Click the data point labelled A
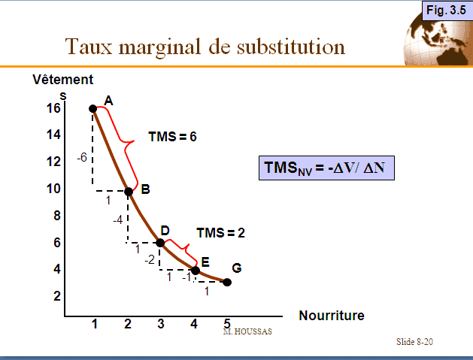tap(93, 108)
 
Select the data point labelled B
tap(129, 192)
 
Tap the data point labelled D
tap(160, 243)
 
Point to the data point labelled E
tap(196, 270)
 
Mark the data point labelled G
tap(227, 283)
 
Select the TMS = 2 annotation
tap(220, 232)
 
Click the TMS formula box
tap(327, 168)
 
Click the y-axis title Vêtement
tap(62, 79)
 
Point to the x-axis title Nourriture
tap(332, 316)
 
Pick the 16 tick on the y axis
tap(53, 108)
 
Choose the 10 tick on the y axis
tap(53, 189)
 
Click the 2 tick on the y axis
tap(56, 296)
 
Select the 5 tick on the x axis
tap(227, 324)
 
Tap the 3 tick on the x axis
tap(161, 324)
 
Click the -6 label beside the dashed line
tap(83, 158)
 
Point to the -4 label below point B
tap(117, 220)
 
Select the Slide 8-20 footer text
tap(415, 342)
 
